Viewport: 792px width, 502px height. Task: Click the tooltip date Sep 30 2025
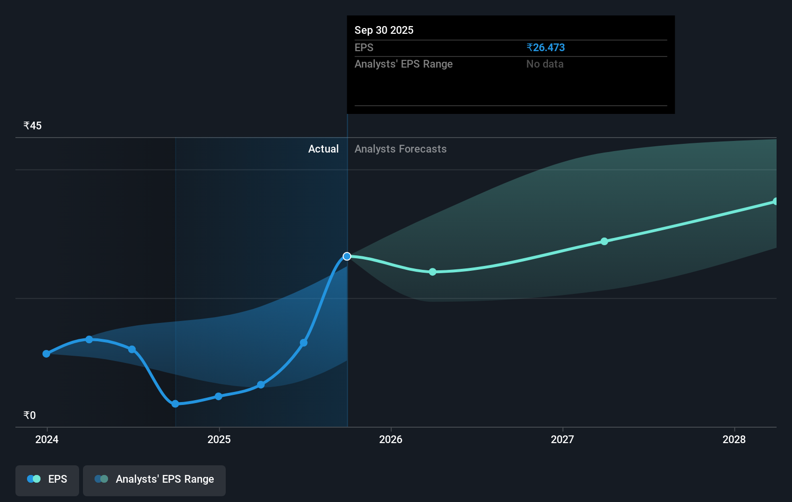(384, 30)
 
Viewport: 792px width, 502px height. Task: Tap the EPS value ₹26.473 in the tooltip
(546, 47)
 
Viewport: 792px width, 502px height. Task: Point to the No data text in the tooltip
(545, 64)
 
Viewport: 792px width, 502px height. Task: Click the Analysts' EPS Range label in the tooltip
(403, 64)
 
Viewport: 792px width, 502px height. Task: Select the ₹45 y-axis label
(32, 125)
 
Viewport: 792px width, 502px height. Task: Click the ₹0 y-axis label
(29, 415)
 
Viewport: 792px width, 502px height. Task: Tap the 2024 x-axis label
(47, 439)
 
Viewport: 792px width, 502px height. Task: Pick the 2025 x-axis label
(219, 439)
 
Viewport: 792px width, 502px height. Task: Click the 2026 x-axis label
(391, 439)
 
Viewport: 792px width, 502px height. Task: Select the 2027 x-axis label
(562, 439)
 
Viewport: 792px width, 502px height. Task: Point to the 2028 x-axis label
(734, 439)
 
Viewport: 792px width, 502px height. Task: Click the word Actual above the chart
(323, 149)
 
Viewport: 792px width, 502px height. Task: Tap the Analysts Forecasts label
(400, 149)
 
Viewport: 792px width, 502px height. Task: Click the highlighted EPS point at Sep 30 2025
(347, 256)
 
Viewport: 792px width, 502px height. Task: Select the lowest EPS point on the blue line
(175, 404)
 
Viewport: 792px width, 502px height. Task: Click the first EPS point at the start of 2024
(46, 354)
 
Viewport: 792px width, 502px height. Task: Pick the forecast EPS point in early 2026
(433, 272)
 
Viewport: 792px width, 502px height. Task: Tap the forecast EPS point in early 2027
(604, 241)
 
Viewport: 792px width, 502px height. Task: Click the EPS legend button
(47, 480)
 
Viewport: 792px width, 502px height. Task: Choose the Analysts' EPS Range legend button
(154, 480)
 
